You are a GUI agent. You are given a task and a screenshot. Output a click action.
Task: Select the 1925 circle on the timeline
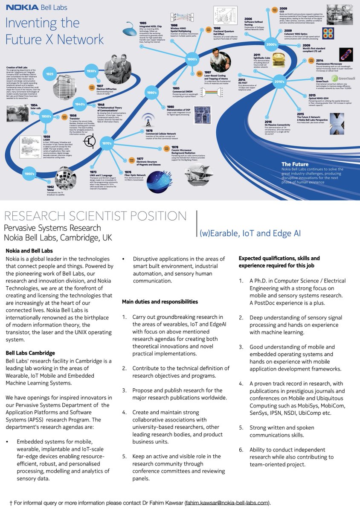tap(50, 74)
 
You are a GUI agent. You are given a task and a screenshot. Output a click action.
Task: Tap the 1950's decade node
tap(46, 116)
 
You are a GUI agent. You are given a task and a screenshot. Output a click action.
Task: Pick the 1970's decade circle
tap(107, 143)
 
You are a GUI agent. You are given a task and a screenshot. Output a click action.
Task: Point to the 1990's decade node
tap(192, 59)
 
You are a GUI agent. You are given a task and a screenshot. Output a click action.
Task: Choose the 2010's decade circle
tap(279, 81)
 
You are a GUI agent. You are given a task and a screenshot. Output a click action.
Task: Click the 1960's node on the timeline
tap(29, 174)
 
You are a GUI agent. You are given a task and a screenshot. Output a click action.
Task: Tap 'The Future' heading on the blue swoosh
tap(295, 164)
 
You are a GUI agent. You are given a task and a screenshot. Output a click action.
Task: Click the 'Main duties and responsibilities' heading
tap(160, 302)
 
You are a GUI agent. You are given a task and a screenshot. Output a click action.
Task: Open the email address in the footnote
tap(227, 503)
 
